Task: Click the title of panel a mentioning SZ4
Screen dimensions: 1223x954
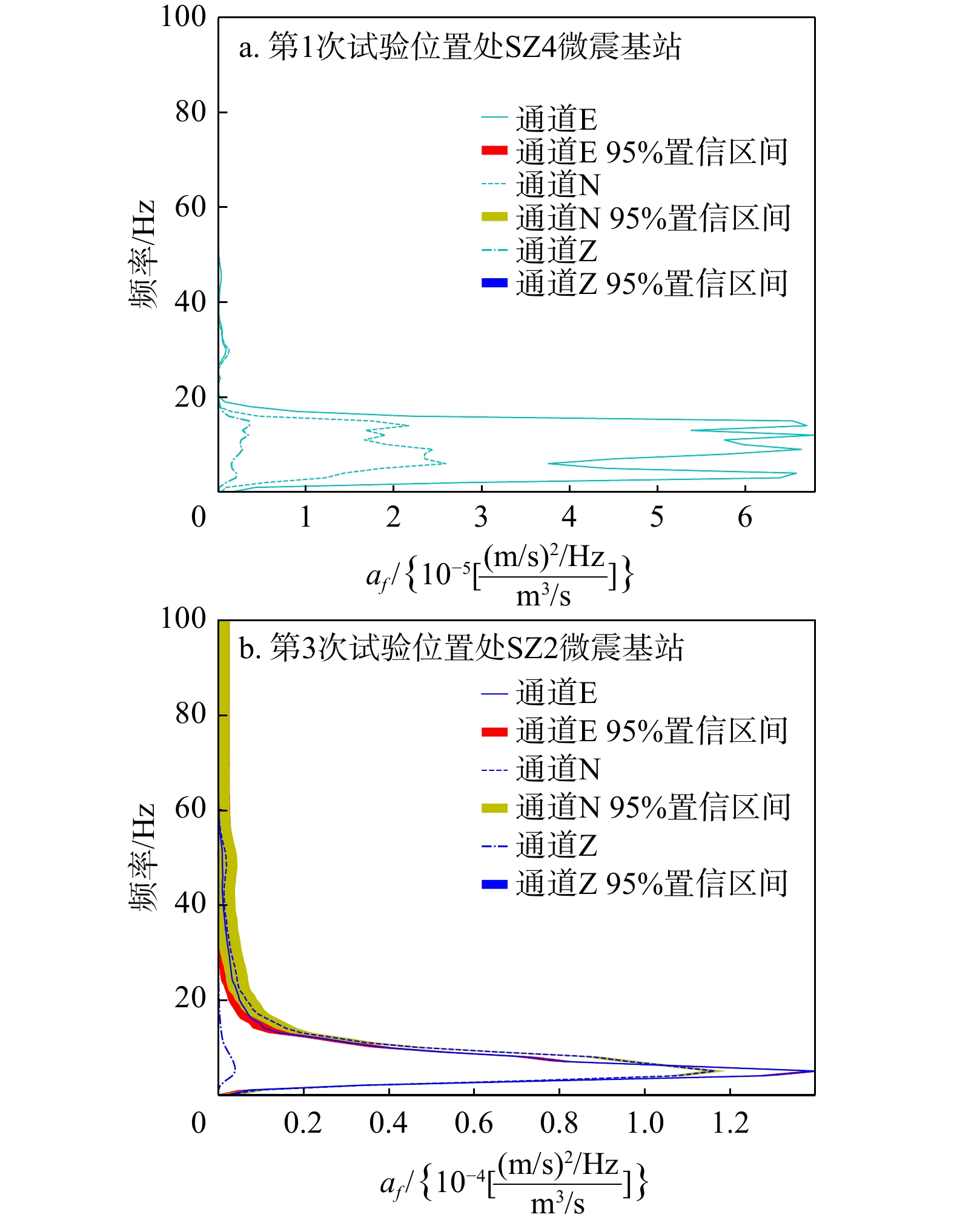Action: pos(460,47)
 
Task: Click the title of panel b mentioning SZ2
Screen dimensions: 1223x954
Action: pos(462,648)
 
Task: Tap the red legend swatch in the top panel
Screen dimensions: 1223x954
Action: pos(494,150)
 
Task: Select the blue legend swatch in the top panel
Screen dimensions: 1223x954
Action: pos(494,282)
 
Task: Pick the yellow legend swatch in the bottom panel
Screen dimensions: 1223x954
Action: pos(494,807)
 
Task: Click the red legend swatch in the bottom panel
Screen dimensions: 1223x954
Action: pos(494,731)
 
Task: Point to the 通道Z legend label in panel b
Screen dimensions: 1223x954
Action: pos(556,845)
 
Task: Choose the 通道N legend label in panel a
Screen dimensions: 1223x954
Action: pos(558,184)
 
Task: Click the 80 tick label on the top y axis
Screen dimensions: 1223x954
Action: pos(190,112)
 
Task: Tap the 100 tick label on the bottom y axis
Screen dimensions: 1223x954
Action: pos(183,619)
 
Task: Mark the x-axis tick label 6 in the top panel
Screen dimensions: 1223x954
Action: pos(745,517)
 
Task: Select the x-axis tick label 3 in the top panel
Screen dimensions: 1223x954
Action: pos(481,517)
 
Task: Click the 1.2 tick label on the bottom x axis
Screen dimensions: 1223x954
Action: pos(730,1123)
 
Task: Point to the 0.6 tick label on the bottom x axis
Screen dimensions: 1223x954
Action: pos(474,1123)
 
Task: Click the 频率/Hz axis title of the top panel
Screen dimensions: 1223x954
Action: pos(143,255)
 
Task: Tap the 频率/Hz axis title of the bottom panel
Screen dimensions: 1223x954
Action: pos(143,857)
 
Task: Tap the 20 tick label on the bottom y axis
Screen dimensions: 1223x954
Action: pos(190,998)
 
